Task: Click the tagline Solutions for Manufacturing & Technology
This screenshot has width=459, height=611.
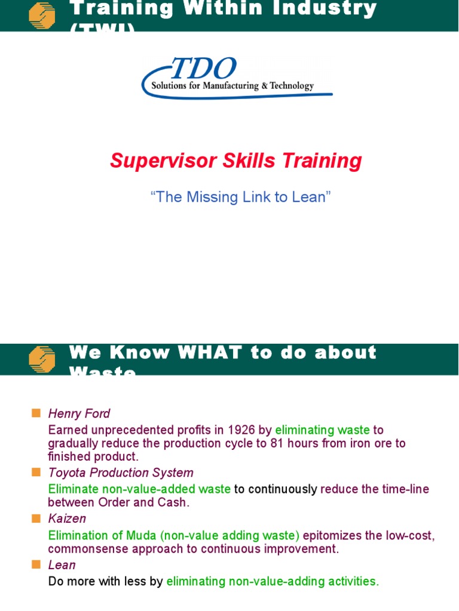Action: (x=232, y=86)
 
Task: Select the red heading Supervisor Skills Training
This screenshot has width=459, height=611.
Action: (x=236, y=161)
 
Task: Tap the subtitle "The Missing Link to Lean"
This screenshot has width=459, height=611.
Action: (x=241, y=198)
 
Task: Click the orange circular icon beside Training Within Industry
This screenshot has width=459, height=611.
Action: (x=42, y=16)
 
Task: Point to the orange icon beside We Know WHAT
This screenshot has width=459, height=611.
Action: (x=42, y=360)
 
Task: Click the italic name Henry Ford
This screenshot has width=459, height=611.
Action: (x=79, y=413)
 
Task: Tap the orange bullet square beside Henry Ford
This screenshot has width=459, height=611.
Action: (x=36, y=413)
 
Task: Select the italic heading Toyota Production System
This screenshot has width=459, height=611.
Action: (x=121, y=473)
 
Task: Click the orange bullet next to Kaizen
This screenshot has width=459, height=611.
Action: (x=36, y=519)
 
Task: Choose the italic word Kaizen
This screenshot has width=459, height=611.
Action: (x=67, y=519)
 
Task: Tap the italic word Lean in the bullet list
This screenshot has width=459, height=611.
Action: (x=62, y=565)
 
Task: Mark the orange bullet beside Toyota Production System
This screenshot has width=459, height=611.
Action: (x=36, y=473)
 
